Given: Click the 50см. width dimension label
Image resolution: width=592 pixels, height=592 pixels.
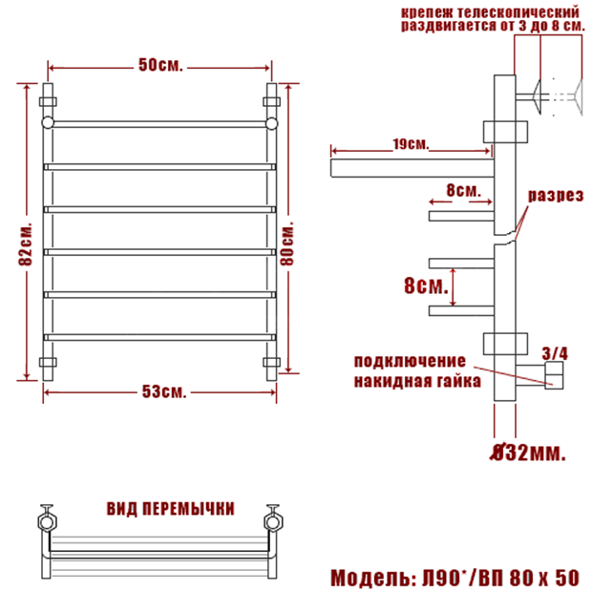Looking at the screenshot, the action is [160, 65].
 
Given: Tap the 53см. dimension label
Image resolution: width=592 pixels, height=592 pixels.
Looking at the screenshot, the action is [164, 391].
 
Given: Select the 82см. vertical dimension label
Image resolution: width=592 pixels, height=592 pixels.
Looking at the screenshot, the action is [26, 244].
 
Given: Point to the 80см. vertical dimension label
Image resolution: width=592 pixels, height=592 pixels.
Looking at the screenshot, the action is [287, 244].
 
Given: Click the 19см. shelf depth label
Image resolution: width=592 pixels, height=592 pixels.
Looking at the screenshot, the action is [411, 144].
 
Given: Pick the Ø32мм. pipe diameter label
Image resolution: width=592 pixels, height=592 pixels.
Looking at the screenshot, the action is [529, 453].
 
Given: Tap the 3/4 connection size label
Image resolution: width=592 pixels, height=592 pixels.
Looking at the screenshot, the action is [555, 353].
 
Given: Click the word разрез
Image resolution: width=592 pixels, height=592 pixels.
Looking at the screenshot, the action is [556, 196].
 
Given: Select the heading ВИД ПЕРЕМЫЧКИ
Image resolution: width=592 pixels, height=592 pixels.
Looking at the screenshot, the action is [171, 509].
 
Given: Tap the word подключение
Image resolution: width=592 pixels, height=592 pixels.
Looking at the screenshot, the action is [410, 361].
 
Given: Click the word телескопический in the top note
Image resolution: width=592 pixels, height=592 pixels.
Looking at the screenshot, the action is [518, 12].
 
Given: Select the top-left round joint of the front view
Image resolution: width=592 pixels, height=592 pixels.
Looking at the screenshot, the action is [48, 123].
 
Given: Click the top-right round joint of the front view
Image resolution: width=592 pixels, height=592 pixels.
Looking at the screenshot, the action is [271, 123].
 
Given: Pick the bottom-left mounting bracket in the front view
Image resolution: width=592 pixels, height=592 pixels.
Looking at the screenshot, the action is [48, 362].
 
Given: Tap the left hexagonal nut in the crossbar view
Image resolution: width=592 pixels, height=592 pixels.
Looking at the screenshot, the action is [47, 522].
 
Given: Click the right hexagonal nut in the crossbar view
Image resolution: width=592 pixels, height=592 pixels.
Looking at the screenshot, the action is [273, 522].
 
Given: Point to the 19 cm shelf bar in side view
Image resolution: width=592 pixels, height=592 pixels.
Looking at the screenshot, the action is [412, 168].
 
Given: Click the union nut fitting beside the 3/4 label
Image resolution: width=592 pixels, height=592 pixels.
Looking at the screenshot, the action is [554, 375].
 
